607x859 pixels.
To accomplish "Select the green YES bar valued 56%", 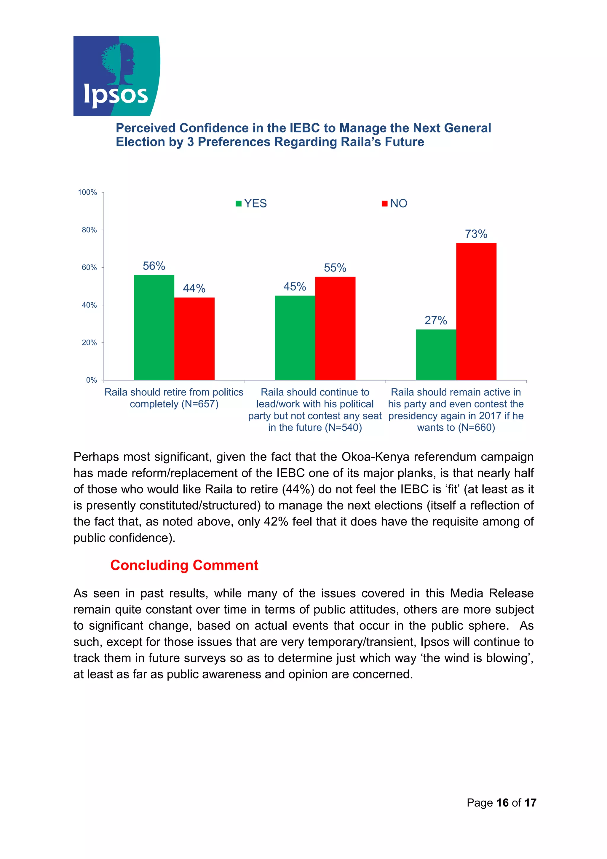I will (154, 327).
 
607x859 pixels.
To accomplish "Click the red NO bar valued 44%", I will (194, 339).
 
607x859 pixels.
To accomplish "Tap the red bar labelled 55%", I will (335, 328).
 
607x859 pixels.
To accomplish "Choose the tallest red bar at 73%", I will (476, 311).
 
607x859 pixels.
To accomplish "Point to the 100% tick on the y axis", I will (87, 192).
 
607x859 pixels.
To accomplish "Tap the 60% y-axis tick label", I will (89, 267).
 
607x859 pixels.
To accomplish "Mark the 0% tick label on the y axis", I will (91, 380).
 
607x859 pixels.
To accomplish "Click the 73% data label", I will (476, 234).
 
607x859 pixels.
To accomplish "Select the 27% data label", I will (435, 320).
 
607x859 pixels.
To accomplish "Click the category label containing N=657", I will (174, 398).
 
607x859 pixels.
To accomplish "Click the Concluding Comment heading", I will (184, 565).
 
